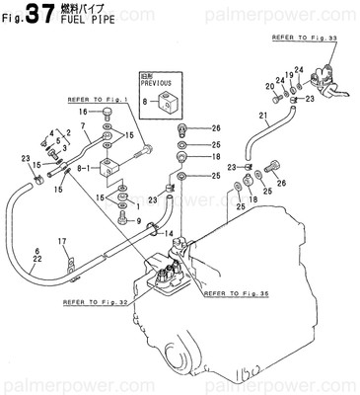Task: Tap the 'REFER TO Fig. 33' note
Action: pyautogui.click(x=302, y=36)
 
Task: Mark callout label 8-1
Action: pyautogui.click(x=97, y=169)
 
